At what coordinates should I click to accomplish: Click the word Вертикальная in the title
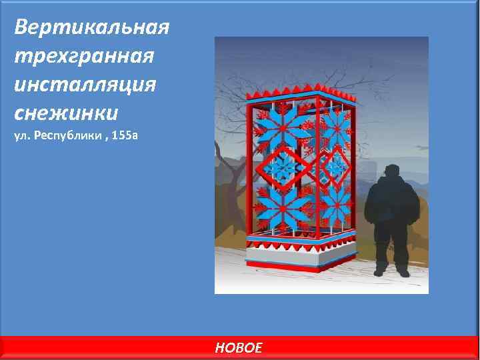(x=91, y=27)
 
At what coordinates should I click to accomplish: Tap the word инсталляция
(x=84, y=85)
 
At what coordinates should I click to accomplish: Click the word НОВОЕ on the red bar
(x=239, y=347)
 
